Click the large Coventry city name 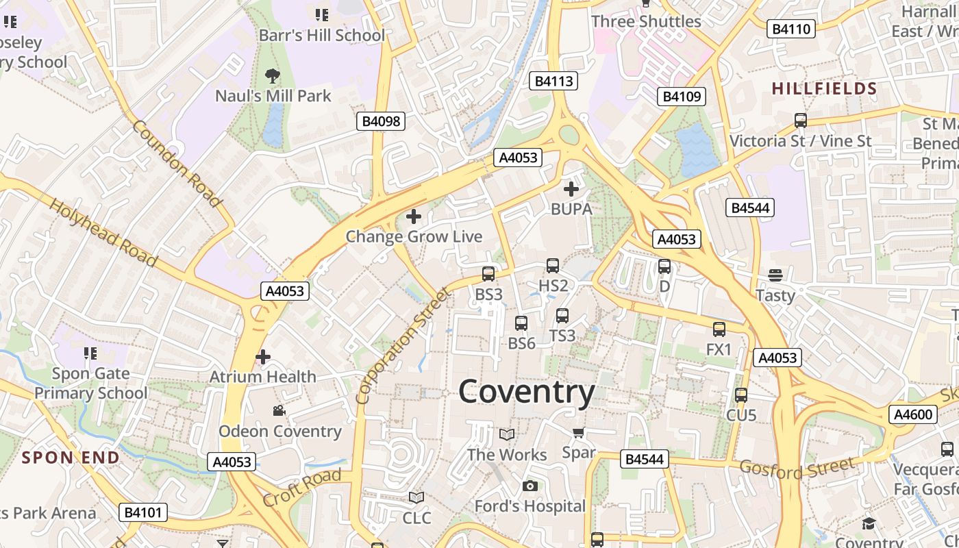click(526, 393)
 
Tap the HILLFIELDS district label click(824, 88)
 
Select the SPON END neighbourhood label click(71, 457)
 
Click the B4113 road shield click(553, 81)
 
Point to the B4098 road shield click(381, 121)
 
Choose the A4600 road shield click(913, 414)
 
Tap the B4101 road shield click(142, 512)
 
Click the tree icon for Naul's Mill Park click(273, 75)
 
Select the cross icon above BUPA click(571, 189)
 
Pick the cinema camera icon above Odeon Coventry click(279, 411)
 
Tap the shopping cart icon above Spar click(578, 432)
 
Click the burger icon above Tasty click(775, 275)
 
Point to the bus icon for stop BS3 click(488, 274)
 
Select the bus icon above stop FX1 click(719, 329)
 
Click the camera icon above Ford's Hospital click(530, 486)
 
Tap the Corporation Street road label click(404, 345)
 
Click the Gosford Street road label click(797, 469)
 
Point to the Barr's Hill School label click(322, 35)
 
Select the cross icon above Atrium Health click(263, 357)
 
